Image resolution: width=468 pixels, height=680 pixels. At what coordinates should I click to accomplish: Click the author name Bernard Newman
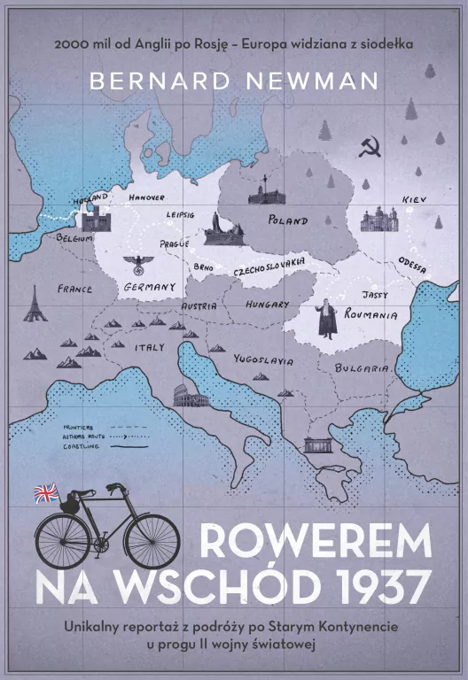click(234, 81)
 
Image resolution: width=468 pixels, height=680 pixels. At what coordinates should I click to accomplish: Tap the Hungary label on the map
click(267, 305)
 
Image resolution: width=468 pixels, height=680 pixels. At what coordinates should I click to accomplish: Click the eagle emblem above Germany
click(140, 264)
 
